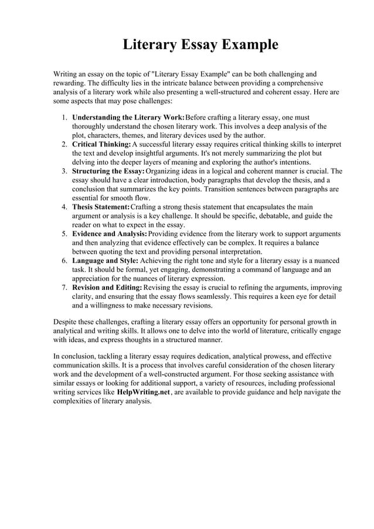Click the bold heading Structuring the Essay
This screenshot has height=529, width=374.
pyautogui.click(x=108, y=171)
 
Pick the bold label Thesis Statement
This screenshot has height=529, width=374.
pyautogui.click(x=100, y=207)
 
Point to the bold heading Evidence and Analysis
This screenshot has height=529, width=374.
pyautogui.click(x=110, y=234)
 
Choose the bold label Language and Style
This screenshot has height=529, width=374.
pyautogui.click(x=105, y=261)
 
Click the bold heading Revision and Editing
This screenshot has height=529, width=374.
pyautogui.click(x=107, y=288)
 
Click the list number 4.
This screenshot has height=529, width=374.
pyautogui.click(x=64, y=207)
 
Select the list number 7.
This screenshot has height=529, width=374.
pyautogui.click(x=64, y=288)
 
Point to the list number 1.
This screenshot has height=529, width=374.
pyautogui.click(x=64, y=118)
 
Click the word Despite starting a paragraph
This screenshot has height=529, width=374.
pyautogui.click(x=66, y=322)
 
